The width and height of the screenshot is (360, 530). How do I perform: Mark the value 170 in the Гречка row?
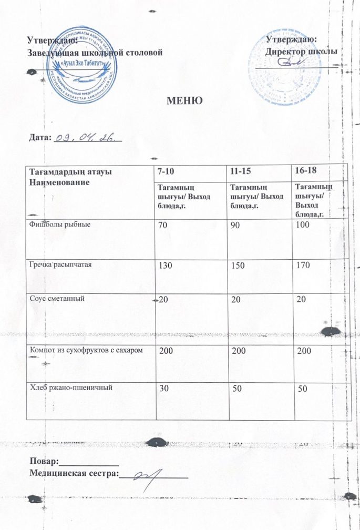click(x=303, y=265)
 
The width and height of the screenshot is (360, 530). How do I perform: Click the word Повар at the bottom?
click(x=44, y=462)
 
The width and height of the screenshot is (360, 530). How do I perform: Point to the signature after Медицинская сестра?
click(x=150, y=477)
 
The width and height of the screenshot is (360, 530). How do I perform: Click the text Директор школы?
click(x=301, y=52)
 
